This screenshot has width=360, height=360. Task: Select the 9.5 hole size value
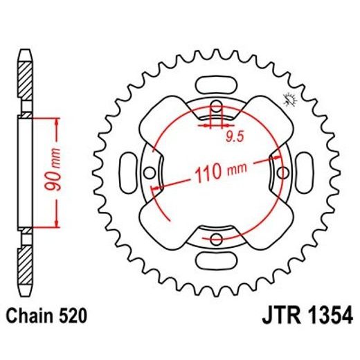coord(234,136)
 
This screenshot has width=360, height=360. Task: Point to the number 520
coord(73,317)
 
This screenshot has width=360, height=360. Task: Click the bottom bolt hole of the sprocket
coord(217,239)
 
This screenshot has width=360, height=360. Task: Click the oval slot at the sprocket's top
coord(217,87)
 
